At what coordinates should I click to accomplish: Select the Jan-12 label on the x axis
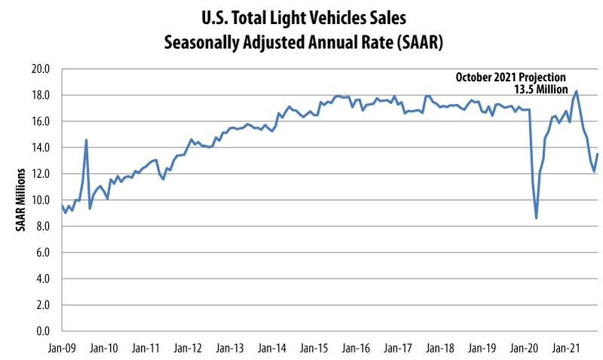tap(187, 349)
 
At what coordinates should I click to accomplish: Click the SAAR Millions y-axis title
tap(21, 200)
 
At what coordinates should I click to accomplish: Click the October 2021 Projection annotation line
tap(510, 77)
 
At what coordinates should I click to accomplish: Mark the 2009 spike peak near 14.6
tap(86, 140)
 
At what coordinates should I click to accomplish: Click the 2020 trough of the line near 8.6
tap(536, 218)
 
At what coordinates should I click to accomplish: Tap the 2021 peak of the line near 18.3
tap(576, 91)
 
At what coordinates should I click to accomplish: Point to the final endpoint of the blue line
tap(598, 154)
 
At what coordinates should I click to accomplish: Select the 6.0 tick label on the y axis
tap(42, 253)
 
